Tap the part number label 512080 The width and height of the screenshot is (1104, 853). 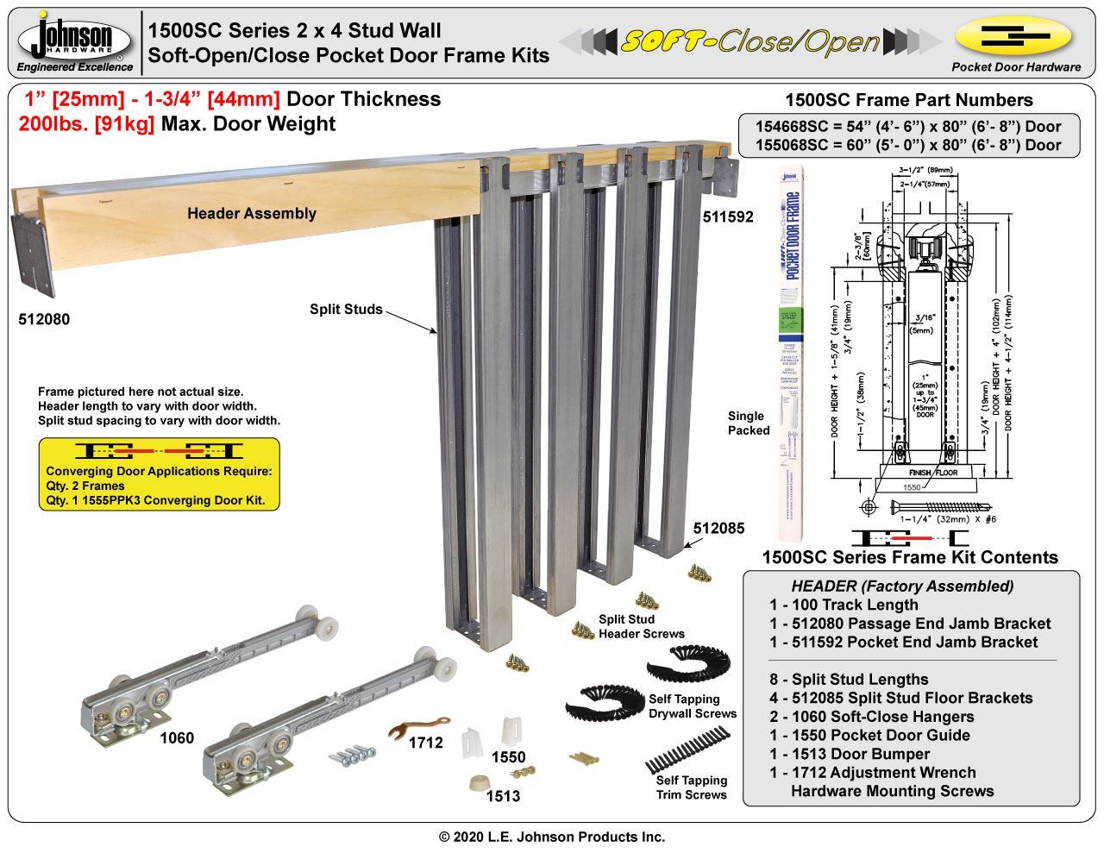pos(44,319)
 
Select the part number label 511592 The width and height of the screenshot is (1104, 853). pos(726,217)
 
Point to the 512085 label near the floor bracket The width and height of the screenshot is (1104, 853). pos(718,528)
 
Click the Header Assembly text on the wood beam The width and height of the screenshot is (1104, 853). pos(252,213)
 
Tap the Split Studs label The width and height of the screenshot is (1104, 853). pos(346,309)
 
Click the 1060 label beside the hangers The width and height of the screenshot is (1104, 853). pos(177,737)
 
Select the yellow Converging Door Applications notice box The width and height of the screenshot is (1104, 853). pos(160,474)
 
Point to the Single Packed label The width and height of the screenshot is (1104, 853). pos(748,423)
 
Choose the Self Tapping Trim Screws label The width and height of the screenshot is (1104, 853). pos(692,787)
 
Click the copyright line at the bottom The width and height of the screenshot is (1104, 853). pos(552,837)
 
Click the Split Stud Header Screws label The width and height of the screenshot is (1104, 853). pos(642,626)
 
